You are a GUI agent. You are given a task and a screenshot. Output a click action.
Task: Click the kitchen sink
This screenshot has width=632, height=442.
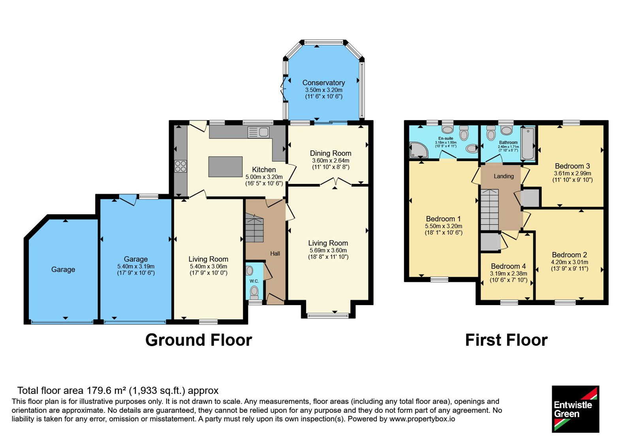click(x=258, y=132)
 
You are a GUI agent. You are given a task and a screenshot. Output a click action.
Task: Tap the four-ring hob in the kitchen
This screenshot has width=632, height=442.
click(x=181, y=166)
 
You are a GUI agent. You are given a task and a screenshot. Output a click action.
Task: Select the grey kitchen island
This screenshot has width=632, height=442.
click(x=226, y=167)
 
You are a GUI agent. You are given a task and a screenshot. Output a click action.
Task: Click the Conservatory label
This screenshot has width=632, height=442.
click(x=324, y=82)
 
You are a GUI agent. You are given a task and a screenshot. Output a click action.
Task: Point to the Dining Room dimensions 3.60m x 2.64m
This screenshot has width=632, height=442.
click(x=331, y=160)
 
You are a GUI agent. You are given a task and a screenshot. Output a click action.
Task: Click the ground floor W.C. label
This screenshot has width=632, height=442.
click(x=254, y=281)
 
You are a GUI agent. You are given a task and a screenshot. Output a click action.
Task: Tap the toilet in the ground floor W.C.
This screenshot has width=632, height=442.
click(x=254, y=292)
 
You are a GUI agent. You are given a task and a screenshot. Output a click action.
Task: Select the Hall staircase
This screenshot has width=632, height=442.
click(x=254, y=228)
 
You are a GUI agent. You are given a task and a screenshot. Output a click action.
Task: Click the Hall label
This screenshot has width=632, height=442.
click(x=275, y=253)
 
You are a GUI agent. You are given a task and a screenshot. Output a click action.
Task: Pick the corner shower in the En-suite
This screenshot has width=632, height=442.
click(x=418, y=150)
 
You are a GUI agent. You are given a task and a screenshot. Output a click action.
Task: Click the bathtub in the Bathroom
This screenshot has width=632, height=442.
click(x=528, y=144)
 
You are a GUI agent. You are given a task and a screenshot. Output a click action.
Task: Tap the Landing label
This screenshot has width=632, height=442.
click(x=504, y=176)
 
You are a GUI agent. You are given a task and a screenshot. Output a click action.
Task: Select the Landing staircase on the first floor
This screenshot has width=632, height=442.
click(x=489, y=210)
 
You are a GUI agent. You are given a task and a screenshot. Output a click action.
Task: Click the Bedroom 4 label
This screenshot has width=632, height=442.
click(x=508, y=266)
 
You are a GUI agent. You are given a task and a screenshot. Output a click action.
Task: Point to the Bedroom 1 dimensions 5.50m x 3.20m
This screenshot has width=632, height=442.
click(x=444, y=226)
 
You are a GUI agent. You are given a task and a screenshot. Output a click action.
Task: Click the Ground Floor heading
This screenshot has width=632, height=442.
click(x=199, y=340)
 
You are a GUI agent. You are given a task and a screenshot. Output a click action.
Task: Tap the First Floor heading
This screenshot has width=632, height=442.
click(x=506, y=340)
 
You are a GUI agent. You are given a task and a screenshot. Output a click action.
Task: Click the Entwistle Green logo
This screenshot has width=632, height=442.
click(x=576, y=409)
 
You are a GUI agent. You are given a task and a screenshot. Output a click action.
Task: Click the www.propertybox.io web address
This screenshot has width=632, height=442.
click(x=422, y=419)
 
